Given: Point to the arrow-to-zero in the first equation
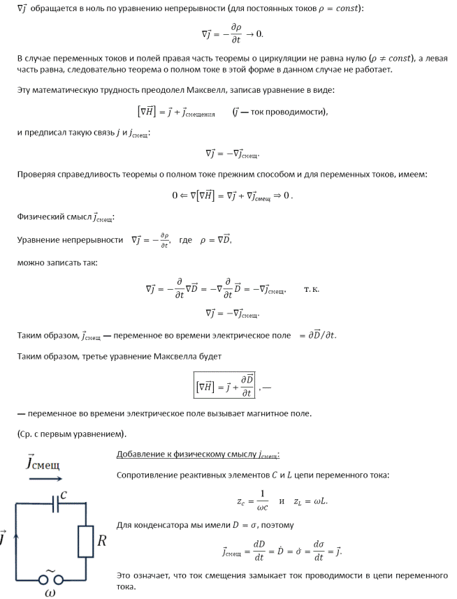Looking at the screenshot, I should (259, 34).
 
